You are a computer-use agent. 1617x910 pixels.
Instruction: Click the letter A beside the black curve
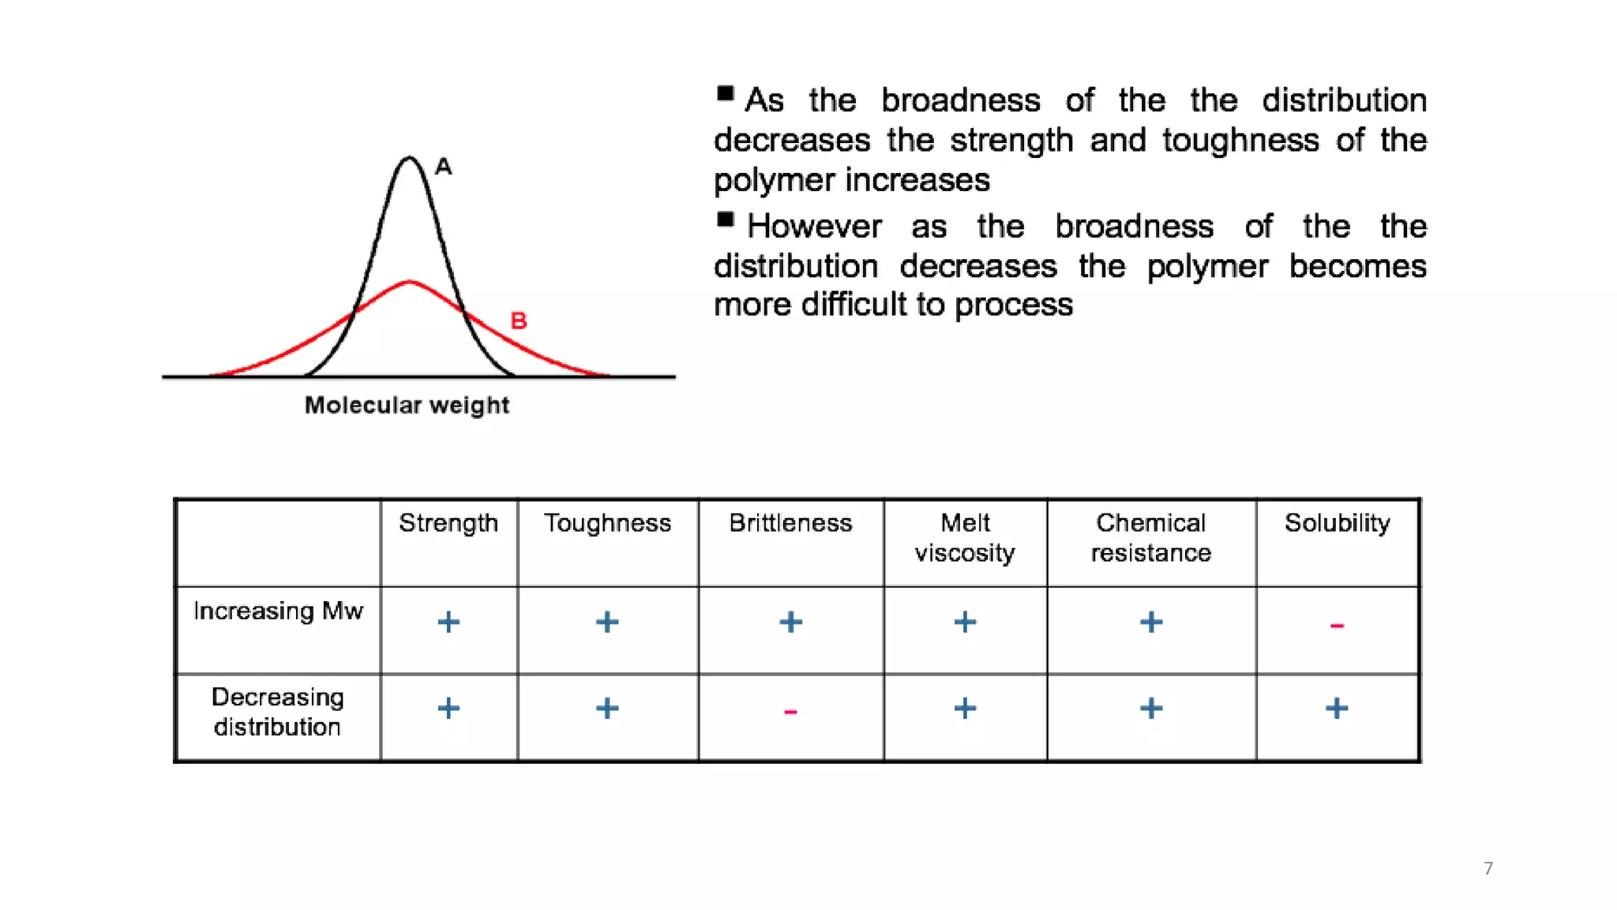point(444,167)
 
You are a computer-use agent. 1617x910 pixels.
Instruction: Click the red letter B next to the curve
point(518,321)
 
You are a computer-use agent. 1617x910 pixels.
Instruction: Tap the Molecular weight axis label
point(407,405)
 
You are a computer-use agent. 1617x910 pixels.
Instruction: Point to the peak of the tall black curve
point(409,158)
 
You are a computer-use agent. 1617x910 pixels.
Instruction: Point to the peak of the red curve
point(409,282)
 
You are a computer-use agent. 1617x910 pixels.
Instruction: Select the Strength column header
point(448,523)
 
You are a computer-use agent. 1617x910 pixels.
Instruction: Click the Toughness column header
point(607,523)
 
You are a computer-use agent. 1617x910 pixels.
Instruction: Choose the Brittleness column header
point(790,523)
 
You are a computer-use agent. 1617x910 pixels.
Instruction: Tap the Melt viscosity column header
point(965,537)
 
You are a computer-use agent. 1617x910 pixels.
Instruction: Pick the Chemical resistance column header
point(1150,537)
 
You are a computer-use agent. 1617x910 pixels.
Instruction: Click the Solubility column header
point(1337,523)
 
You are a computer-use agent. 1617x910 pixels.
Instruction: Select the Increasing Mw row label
point(278,611)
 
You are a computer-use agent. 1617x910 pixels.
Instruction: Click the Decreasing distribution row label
point(277,712)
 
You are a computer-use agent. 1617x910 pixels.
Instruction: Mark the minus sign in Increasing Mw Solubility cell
point(1337,626)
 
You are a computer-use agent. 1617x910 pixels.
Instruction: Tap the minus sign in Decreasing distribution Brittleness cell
point(790,712)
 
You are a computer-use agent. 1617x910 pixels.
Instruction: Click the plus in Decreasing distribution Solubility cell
point(1337,708)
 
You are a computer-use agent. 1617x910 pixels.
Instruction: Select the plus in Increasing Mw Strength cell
point(448,622)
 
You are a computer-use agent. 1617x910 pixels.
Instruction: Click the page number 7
point(1488,868)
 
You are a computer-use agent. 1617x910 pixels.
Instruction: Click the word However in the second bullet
point(814,227)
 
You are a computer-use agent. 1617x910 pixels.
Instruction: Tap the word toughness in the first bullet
point(1240,141)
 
